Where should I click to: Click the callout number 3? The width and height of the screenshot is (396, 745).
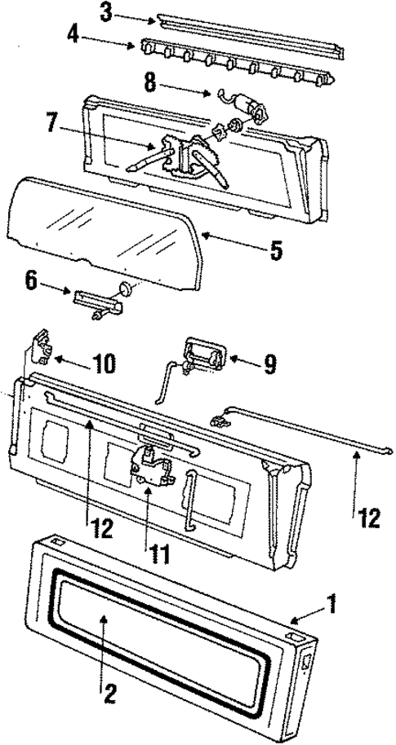106,11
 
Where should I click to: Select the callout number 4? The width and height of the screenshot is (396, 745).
97,37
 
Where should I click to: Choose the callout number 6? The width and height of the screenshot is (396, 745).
31,282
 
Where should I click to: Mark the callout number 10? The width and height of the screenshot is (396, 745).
104,364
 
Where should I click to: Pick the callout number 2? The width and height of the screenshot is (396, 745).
108,694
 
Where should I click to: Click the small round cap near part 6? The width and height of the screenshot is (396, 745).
126,289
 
